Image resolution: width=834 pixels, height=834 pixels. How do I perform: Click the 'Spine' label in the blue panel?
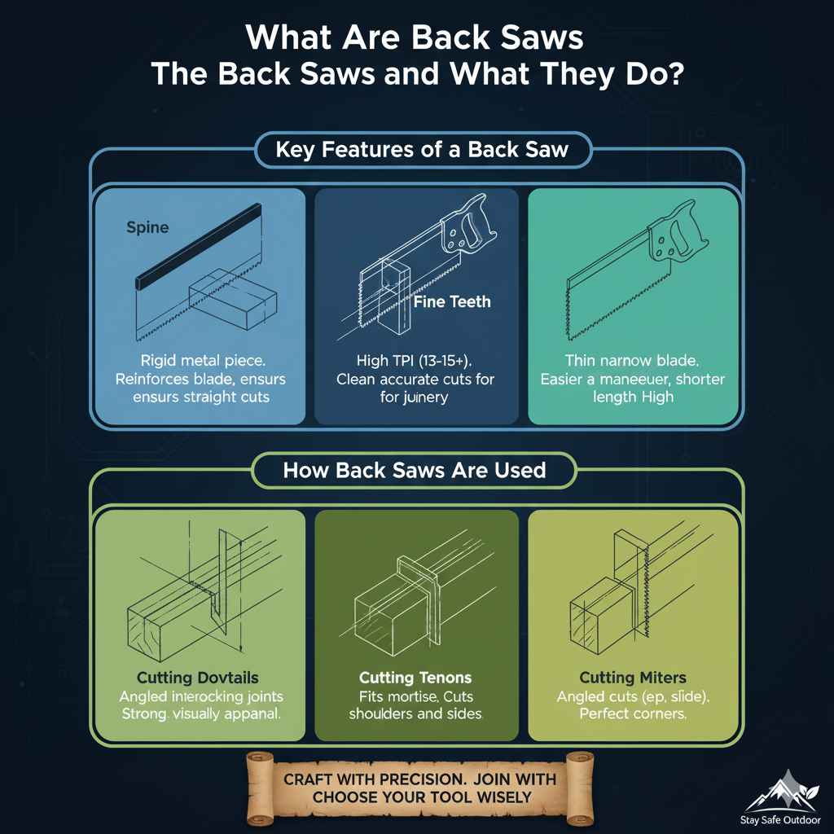(147, 227)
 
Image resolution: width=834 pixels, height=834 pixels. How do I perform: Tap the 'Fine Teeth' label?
(452, 301)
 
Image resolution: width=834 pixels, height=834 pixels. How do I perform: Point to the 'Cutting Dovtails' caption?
(198, 678)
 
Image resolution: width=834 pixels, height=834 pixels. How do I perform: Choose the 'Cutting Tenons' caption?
(415, 678)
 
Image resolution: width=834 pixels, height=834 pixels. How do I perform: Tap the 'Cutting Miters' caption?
(632, 678)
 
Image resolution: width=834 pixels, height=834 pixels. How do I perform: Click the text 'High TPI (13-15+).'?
(416, 360)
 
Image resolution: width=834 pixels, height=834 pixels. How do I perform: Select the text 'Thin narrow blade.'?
(633, 360)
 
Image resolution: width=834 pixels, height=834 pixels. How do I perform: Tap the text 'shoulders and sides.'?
(415, 714)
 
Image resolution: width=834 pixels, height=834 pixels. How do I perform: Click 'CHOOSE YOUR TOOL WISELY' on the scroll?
(419, 797)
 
